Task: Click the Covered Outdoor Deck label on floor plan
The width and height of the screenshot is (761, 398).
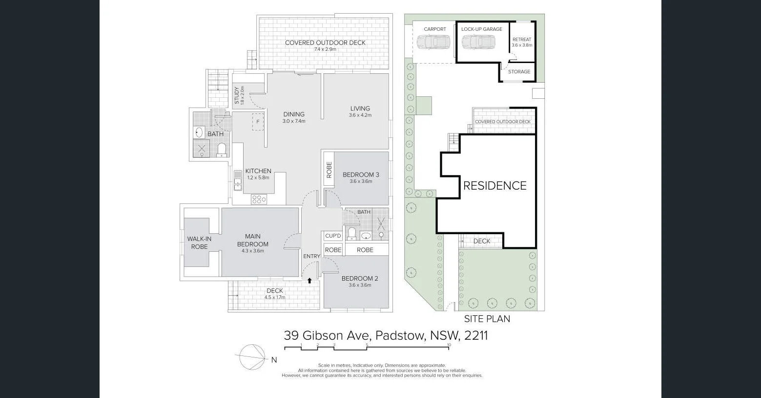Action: coord(325,43)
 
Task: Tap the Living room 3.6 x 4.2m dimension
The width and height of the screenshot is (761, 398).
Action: coord(360,115)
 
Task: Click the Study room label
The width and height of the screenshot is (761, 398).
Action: coord(237,95)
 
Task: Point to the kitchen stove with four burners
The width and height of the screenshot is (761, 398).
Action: coord(259,199)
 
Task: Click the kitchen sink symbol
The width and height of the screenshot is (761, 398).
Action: coord(238,180)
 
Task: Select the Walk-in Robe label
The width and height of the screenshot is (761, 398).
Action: coord(199,243)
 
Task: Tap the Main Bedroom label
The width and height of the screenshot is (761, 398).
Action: coord(253,240)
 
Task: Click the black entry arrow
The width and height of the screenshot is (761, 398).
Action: coord(309,281)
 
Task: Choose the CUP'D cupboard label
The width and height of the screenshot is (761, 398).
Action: coord(333,236)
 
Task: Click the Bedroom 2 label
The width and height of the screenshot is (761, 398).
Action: coord(360,279)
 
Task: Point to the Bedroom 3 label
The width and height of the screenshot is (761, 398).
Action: coord(361,175)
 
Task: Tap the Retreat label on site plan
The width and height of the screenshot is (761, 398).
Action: coord(522,40)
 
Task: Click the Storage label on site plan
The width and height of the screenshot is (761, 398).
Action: coord(519,71)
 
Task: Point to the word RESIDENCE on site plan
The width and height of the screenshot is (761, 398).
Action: coord(494,186)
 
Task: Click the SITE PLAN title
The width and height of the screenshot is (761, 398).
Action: coord(487,319)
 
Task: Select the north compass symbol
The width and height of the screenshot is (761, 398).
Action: coord(252,357)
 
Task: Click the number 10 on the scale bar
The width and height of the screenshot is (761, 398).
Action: coord(449,345)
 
